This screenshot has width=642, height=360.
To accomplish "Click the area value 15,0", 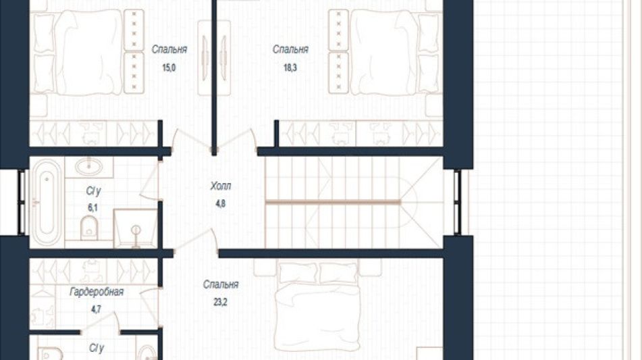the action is pos(169,68).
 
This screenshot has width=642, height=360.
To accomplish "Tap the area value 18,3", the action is pos(290,68).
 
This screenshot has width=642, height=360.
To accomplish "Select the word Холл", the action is pos(220,186).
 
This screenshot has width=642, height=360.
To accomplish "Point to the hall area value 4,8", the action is pos(220,203).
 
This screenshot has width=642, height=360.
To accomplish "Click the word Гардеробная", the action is pos(97,292).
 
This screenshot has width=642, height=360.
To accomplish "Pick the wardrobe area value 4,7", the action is pos(95,309).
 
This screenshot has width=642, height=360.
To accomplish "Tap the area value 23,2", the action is pos(220,303).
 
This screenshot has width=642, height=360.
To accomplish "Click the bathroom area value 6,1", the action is pos(92,207).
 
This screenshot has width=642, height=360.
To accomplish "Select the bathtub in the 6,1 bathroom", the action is pos(47,203).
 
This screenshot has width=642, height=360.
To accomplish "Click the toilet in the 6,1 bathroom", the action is pos(89,228).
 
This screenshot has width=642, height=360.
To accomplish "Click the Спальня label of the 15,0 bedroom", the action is pos(169,49).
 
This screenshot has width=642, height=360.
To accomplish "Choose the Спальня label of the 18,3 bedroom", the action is pos(290,49).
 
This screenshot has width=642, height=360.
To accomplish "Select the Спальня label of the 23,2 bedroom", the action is pos(220,284).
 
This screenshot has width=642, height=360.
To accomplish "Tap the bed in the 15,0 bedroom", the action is pos(88,52).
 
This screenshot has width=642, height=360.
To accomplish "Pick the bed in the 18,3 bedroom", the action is pos(385,52).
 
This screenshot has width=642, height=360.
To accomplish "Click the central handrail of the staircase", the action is pos(332,202).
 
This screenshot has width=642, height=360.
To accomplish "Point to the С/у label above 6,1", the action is pos(93,191).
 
